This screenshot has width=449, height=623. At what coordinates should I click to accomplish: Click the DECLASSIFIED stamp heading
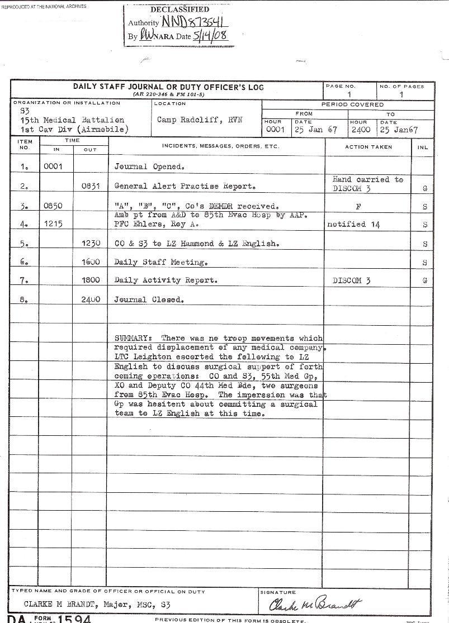179,9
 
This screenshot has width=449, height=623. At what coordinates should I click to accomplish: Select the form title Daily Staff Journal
168,87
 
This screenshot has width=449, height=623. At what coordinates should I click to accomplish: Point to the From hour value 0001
276,130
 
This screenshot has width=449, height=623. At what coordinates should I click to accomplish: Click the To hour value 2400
361,130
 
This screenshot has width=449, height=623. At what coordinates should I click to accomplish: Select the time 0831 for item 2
90,187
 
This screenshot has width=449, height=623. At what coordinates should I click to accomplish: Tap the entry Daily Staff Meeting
161,262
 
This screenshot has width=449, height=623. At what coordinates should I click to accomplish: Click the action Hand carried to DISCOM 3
367,184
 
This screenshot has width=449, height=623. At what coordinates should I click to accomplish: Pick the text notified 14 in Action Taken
355,224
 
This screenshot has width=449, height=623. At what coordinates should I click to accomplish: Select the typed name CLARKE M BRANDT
60,605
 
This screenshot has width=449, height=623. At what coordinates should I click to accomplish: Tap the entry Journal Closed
149,299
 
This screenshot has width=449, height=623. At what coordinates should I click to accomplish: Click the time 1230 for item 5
90,244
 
